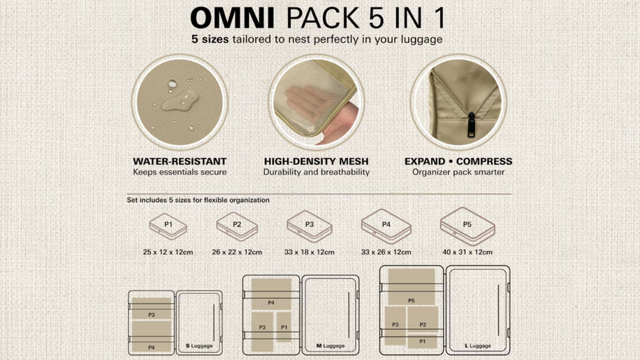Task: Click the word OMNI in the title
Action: [x=232, y=18]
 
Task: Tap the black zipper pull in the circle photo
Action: [x=471, y=125]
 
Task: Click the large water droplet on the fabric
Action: [x=180, y=100]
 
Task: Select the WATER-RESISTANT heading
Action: [x=180, y=162]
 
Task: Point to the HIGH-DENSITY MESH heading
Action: [x=316, y=162]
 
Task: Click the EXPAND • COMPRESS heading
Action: [x=459, y=162]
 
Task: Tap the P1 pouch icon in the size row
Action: [x=168, y=226]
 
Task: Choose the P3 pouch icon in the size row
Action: [x=309, y=226]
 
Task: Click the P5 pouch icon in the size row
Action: [x=467, y=226]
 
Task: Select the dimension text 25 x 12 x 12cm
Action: [x=168, y=253]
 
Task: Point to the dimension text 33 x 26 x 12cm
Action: [x=386, y=253]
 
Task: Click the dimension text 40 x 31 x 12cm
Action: [x=467, y=253]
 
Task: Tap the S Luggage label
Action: [x=199, y=346]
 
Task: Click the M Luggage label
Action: [x=331, y=346]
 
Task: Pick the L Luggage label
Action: [x=478, y=346]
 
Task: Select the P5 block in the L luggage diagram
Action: [x=412, y=287]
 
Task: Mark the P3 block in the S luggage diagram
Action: [x=151, y=309]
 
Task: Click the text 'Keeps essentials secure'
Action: [x=180, y=172]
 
